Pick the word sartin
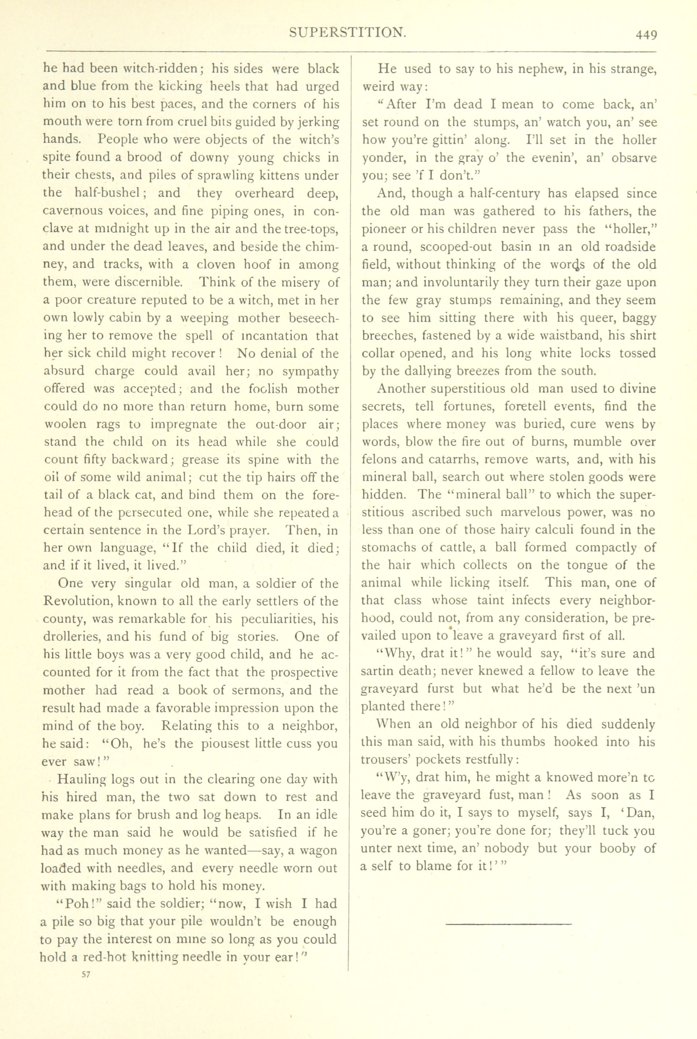tap(377, 671)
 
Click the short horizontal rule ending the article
tap(508, 924)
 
